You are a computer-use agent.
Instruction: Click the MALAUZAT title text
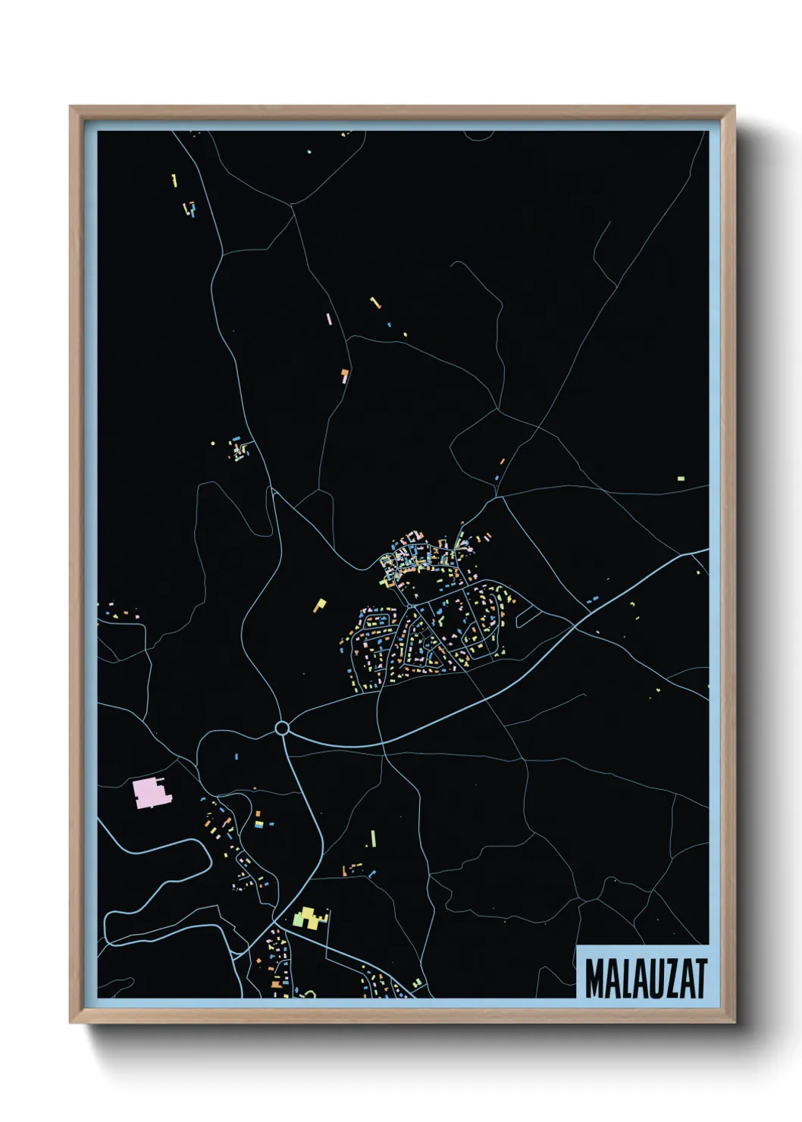click(646, 979)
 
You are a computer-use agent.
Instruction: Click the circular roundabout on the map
click(282, 729)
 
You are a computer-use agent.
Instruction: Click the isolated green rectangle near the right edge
click(681, 478)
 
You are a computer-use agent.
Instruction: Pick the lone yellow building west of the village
click(320, 605)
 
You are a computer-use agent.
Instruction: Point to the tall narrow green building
click(373, 838)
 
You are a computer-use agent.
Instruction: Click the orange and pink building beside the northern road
click(345, 375)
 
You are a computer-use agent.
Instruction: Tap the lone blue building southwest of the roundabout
click(236, 757)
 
